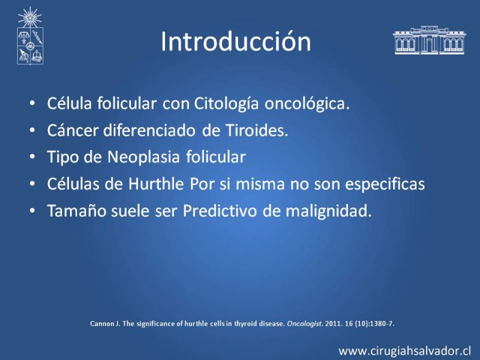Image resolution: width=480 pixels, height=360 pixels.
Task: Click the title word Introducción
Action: tap(236, 41)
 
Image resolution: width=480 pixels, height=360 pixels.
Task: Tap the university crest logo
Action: tap(30, 36)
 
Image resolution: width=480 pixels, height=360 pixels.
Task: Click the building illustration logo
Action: tap(429, 40)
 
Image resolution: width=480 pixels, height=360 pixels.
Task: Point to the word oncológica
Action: tap(307, 104)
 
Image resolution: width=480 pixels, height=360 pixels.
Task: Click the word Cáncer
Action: tap(73, 130)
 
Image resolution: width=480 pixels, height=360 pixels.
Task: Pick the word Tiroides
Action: tap(257, 130)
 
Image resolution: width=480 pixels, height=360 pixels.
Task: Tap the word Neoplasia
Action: tap(143, 157)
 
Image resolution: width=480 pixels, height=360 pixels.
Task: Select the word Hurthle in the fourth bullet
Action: tap(156, 184)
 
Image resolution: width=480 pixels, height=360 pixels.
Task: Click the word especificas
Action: tap(385, 184)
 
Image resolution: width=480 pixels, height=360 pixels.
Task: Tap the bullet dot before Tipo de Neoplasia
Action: tap(32, 157)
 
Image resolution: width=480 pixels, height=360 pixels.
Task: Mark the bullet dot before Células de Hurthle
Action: tap(32, 184)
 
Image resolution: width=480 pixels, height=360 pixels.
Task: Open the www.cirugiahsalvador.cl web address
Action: tap(404, 351)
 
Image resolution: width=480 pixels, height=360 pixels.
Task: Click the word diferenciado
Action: tap(149, 130)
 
